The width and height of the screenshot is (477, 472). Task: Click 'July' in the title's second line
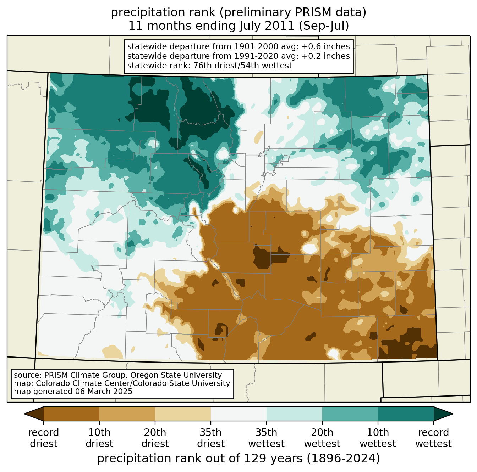(249, 26)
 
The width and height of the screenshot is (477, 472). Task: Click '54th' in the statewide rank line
(249, 66)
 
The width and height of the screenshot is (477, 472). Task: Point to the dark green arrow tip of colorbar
(453, 414)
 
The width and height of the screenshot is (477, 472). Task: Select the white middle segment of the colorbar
(238, 414)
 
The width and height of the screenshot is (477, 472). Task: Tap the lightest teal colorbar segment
(294, 414)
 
